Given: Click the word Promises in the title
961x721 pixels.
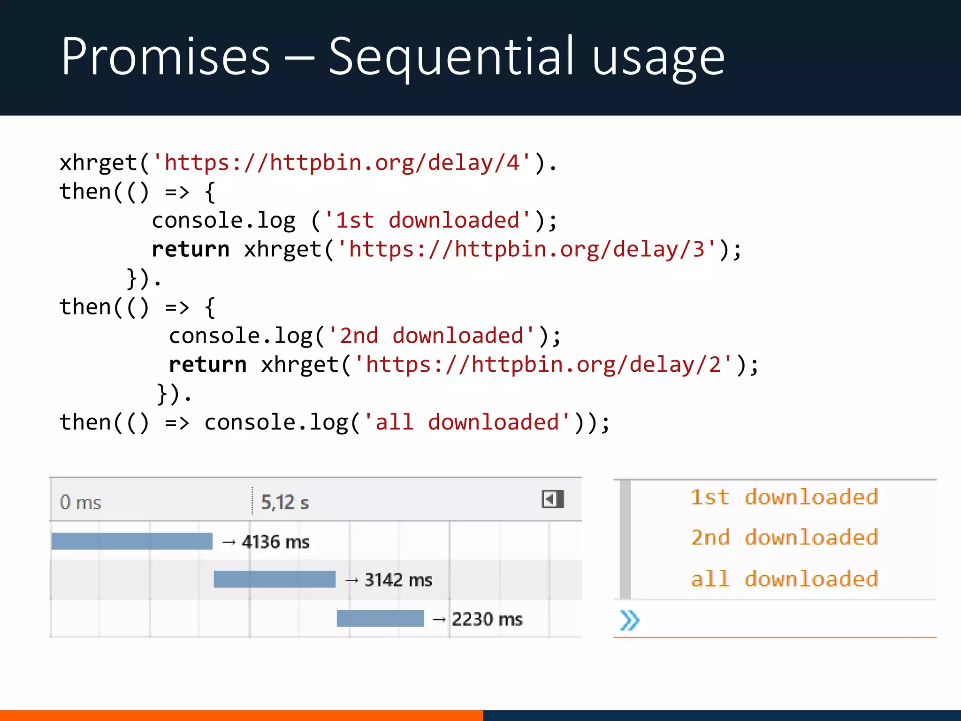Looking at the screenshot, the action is [166, 57].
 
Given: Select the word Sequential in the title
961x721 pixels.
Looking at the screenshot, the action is [451, 57].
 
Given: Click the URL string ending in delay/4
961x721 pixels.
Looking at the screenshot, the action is [342, 163].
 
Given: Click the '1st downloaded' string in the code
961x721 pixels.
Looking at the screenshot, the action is [428, 221].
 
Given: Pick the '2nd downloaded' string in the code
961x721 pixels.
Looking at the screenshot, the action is [431, 336].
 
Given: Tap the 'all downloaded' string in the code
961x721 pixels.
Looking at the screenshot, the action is [467, 422].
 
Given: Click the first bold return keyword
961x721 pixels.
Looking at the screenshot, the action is [191, 249].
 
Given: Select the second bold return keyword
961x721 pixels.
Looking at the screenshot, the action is [207, 365].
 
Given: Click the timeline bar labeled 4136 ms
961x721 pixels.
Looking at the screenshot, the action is [132, 541].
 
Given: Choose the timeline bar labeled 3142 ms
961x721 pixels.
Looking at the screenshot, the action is [275, 579].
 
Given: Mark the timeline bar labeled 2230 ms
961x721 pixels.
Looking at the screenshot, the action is [380, 619].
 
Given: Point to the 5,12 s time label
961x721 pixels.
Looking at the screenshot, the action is [285, 503].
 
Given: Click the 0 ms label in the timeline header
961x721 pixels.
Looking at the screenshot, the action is [80, 503].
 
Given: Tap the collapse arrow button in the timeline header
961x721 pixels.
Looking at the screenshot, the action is [552, 499].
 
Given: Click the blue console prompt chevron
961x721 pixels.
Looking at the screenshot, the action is [629, 621].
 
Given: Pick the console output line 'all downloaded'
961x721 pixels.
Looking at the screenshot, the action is [784, 579].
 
